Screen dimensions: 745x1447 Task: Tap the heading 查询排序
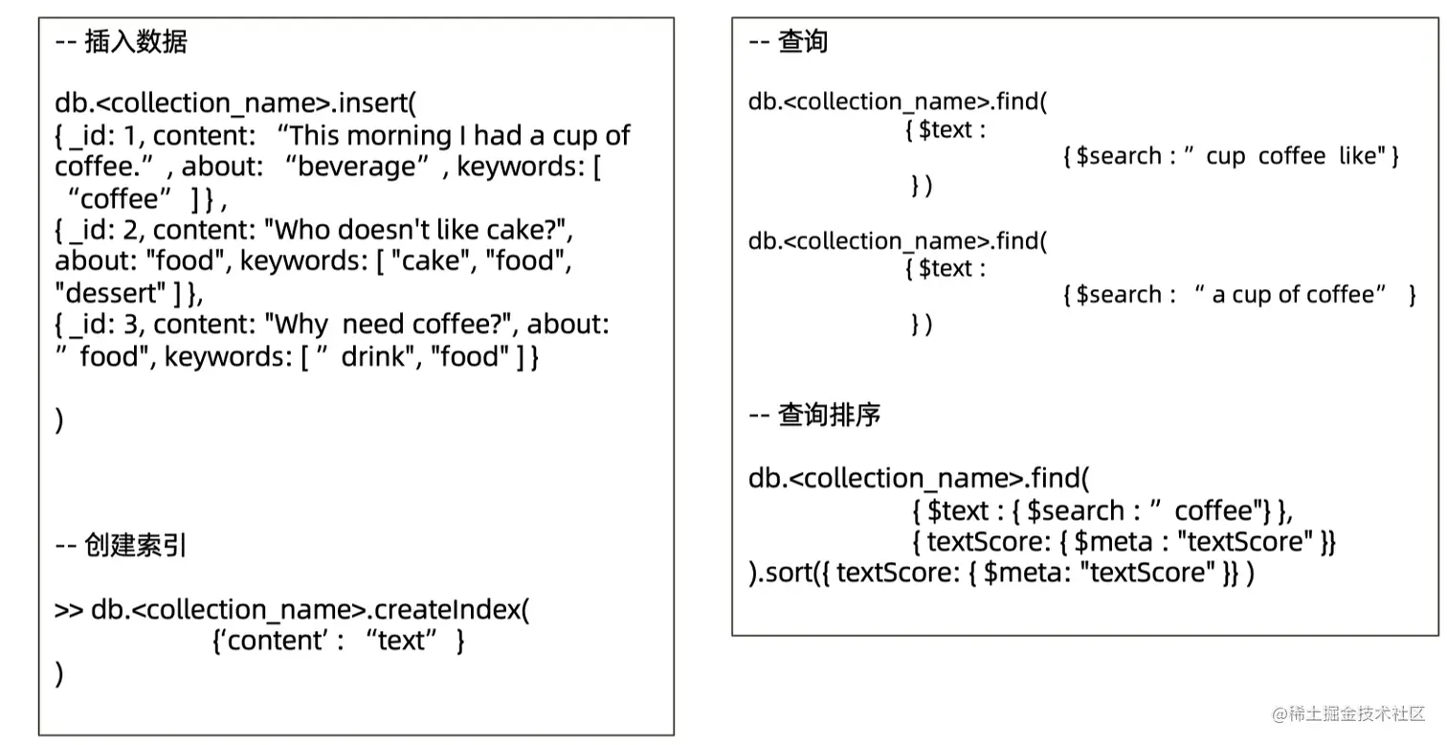click(x=829, y=415)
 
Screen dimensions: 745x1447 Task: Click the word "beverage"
click(x=363, y=168)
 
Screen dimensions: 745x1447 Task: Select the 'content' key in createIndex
click(x=270, y=641)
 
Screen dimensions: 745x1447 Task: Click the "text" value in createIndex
click(x=402, y=641)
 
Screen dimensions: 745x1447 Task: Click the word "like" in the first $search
click(x=1357, y=156)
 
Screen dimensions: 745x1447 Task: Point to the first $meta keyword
click(x=1114, y=542)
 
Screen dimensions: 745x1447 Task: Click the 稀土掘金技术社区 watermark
click(x=1357, y=713)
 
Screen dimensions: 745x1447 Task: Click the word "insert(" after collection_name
click(x=379, y=102)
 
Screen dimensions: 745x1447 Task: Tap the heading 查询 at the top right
click(x=803, y=42)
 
